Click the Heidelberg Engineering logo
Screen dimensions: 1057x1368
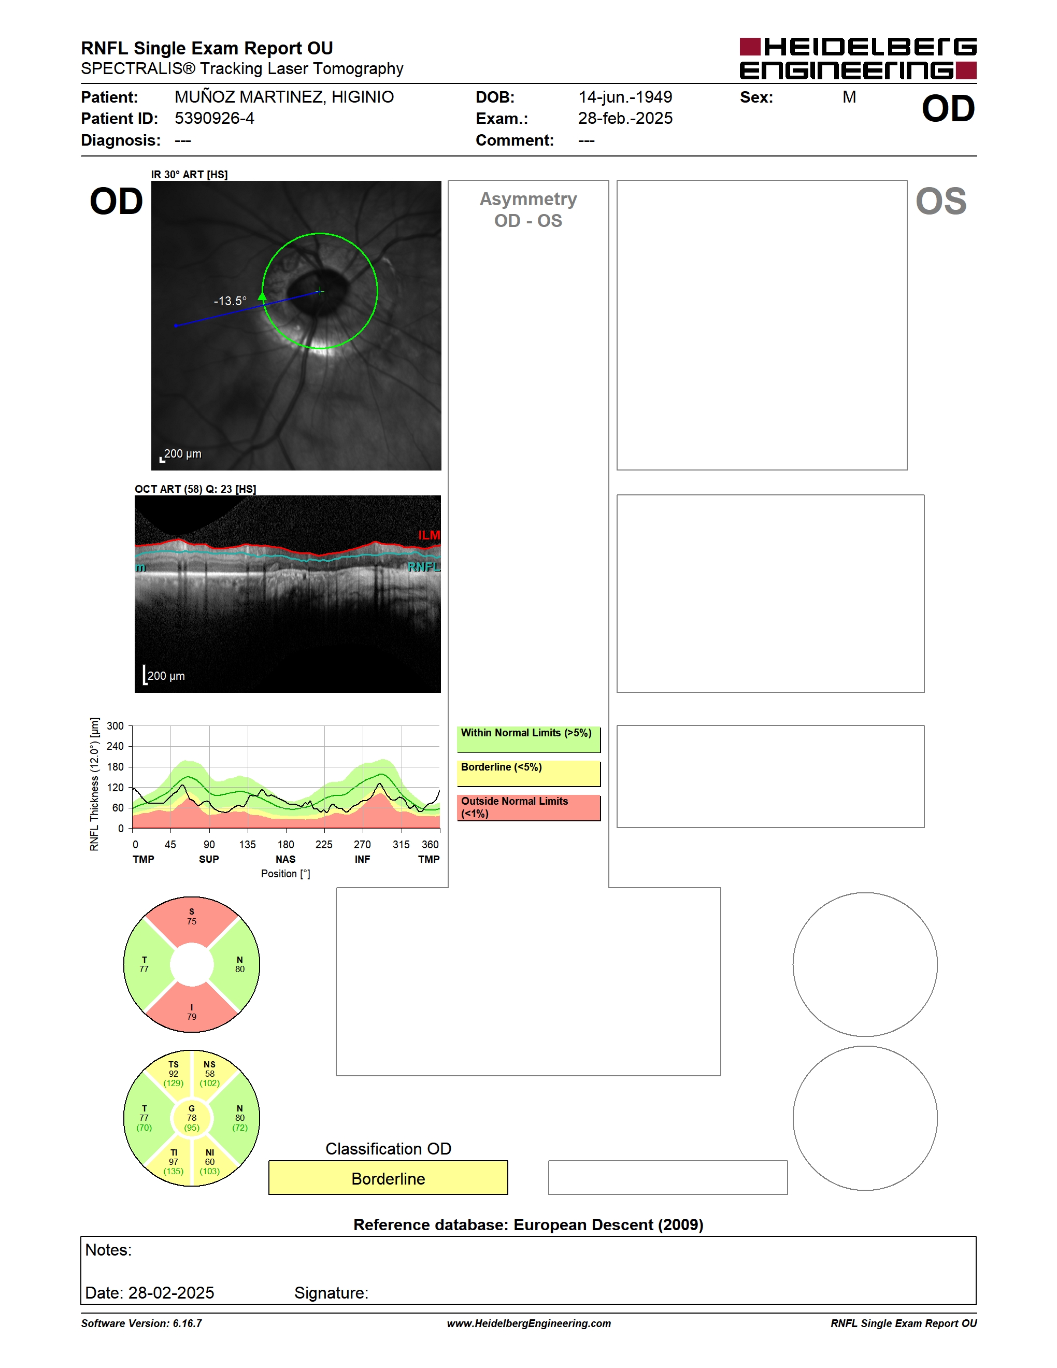858,59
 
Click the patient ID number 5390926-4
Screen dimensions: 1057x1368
214,118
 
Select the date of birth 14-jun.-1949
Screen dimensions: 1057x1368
625,97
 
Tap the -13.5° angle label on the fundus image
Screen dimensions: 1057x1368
230,301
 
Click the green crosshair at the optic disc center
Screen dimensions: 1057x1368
320,291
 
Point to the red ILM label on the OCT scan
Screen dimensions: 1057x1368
429,535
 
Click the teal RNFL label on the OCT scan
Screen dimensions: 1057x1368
424,567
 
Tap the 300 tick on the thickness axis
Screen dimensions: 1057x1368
115,726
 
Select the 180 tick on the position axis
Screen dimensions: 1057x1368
285,844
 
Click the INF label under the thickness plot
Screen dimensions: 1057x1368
362,859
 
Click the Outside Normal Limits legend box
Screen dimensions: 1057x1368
528,808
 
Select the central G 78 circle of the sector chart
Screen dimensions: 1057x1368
192,1118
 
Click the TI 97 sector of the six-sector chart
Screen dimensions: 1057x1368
174,1163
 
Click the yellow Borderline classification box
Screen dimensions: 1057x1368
388,1178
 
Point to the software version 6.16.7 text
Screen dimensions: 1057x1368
141,1323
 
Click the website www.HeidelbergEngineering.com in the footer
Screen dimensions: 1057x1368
528,1323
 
